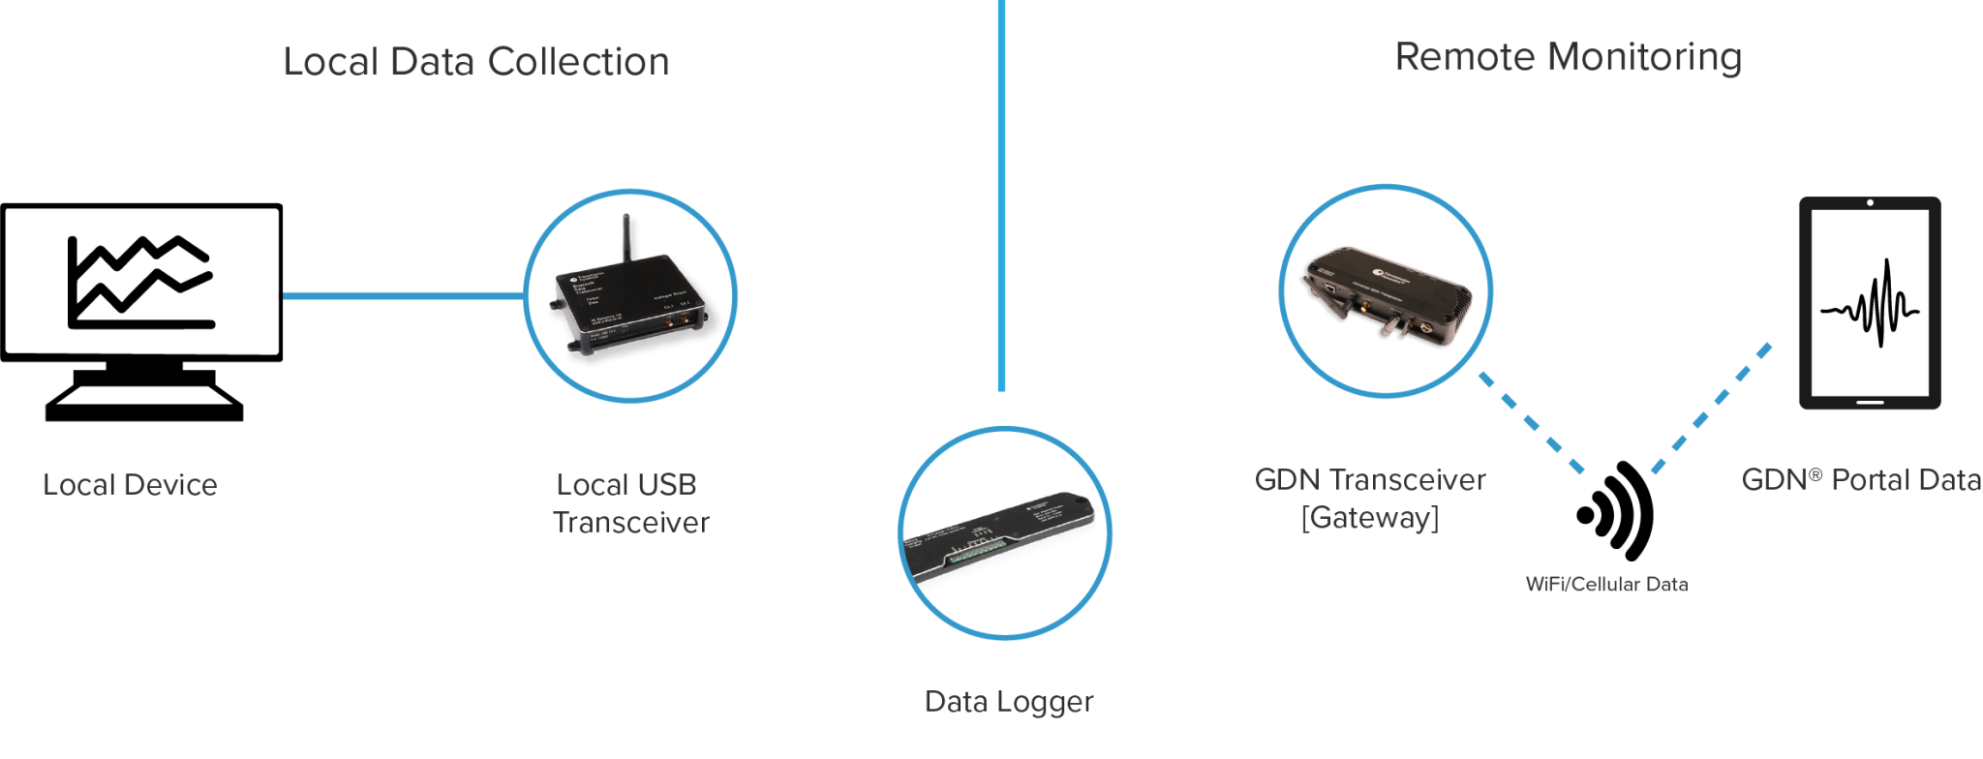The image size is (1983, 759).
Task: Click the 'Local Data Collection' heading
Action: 475,62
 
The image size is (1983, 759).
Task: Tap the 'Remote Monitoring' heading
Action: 1568,57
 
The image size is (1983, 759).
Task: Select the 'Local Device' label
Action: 130,485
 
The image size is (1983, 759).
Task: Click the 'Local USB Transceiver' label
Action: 629,503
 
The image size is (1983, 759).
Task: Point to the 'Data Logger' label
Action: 1008,702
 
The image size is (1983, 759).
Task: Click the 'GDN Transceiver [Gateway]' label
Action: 1369,499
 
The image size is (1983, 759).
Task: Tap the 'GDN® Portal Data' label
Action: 1860,480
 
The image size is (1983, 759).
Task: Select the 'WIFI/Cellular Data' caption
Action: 1606,585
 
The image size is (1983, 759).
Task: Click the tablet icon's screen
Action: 1870,301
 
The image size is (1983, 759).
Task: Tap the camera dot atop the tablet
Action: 1870,202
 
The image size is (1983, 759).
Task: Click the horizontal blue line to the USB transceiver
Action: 402,295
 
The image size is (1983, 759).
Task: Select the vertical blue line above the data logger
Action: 1001,194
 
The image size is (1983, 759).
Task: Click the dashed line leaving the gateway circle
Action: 1530,423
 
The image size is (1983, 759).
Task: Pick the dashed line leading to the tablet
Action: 1714,405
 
